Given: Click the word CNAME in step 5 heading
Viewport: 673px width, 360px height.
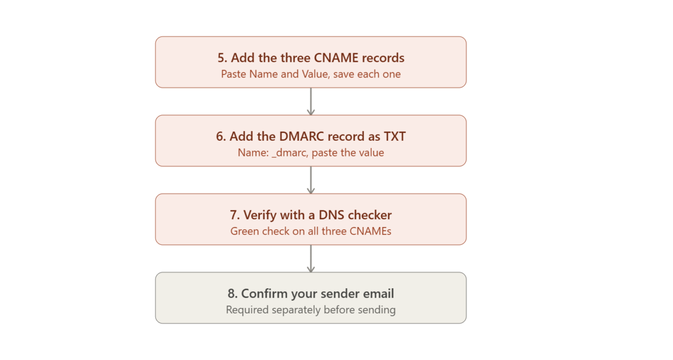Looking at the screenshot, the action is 336,58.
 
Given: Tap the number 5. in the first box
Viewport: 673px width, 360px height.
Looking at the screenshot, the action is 222,58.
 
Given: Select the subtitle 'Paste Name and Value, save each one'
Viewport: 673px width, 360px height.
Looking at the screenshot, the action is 311,74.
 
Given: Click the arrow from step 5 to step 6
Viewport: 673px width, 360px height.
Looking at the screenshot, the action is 311,101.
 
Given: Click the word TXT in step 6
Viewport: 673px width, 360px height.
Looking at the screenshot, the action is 394,136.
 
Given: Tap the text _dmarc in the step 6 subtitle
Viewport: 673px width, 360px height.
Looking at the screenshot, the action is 289,153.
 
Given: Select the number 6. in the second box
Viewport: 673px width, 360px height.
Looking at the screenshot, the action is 221,136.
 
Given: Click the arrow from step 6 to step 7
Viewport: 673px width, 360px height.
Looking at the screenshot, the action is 311,180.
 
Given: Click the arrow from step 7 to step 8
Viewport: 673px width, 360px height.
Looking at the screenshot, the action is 311,259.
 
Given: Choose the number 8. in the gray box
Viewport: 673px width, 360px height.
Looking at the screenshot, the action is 233,294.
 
